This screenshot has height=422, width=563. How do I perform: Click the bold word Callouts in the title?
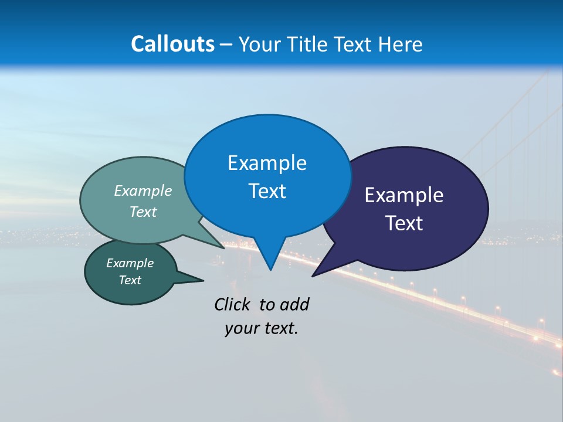point(172,44)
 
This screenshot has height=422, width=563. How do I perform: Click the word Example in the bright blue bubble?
point(267,163)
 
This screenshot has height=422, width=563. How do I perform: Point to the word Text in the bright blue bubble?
point(267,191)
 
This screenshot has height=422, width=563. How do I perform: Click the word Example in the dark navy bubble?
point(404,195)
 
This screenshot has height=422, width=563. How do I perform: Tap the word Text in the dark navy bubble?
point(404,223)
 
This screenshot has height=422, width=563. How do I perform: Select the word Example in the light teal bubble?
point(143,190)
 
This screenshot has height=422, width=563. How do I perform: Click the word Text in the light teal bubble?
point(143,212)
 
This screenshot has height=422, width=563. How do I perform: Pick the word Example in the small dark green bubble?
point(130,263)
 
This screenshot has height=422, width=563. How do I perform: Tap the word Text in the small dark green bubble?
point(130,280)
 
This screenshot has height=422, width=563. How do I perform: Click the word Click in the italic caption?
point(232,304)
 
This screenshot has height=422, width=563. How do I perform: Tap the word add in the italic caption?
point(294,304)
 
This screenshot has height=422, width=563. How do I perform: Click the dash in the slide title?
point(226,45)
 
